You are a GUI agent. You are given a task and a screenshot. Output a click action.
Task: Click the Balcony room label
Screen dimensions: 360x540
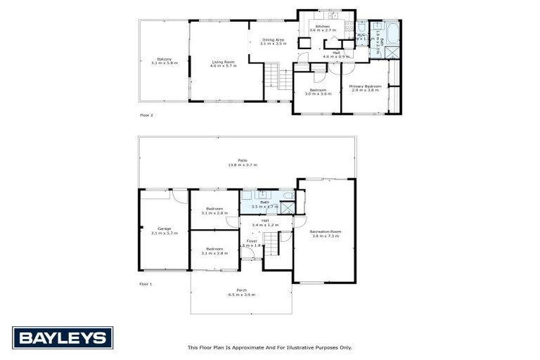[164, 60]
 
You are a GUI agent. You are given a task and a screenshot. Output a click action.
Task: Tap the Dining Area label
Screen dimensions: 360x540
[273, 41]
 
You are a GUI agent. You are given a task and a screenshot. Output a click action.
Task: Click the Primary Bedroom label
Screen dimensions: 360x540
[364, 88]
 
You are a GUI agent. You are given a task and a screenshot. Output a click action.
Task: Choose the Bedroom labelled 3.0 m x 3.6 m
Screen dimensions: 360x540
[317, 91]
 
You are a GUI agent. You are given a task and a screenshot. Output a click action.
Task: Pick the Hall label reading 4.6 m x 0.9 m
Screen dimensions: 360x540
[336, 54]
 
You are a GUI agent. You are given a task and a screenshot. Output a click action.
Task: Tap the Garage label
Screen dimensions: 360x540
[164, 230]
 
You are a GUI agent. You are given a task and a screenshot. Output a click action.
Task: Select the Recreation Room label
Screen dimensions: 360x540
[325, 234]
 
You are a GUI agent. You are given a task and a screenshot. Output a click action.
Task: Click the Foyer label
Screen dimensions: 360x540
[251, 243]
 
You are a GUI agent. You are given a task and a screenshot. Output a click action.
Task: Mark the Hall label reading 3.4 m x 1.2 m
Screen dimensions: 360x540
[265, 223]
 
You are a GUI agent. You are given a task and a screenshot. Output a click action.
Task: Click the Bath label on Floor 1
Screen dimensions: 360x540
[264, 204]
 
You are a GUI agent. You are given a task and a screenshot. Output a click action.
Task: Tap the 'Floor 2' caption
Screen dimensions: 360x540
[146, 115]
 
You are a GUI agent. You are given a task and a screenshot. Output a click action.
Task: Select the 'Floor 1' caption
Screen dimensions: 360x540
[146, 284]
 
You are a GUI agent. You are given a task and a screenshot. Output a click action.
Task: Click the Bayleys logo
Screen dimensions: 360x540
[63, 338]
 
